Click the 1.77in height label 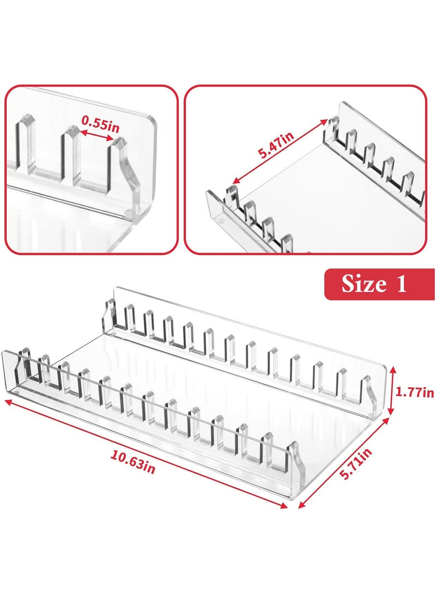point(416,391)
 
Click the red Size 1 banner point(379,284)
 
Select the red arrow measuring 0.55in point(98,135)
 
